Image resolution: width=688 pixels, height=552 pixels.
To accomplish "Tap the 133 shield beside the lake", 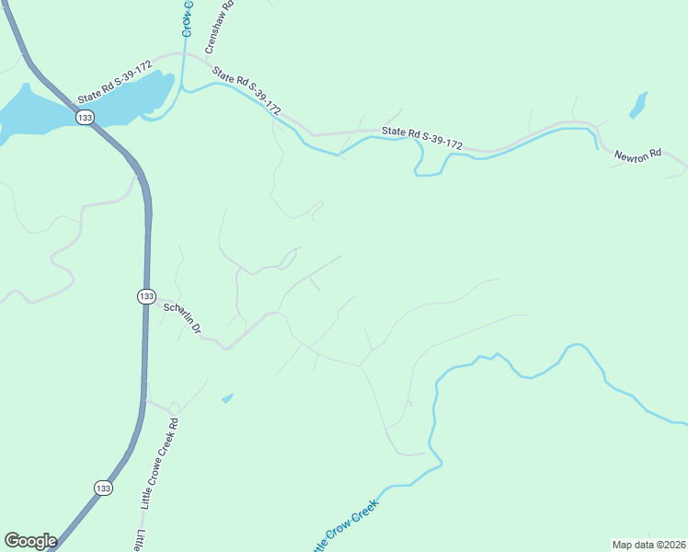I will tap(85, 118).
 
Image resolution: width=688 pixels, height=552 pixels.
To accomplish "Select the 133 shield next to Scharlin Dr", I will tap(146, 295).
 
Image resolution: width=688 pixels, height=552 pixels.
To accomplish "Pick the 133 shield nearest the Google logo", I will tap(102, 488).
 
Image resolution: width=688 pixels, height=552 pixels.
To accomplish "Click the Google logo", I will tap(29, 541).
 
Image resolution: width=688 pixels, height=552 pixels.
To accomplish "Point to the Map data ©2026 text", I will tap(649, 545).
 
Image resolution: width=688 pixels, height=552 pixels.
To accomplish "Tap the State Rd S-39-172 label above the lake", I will tap(114, 83).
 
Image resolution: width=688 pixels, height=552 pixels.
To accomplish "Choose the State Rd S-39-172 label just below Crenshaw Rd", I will tap(247, 91).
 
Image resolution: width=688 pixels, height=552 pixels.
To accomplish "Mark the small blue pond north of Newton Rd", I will tap(638, 106).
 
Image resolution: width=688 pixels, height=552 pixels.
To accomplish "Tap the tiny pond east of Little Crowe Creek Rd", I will tap(227, 398).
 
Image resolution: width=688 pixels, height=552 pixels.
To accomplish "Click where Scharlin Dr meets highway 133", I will tap(150, 300).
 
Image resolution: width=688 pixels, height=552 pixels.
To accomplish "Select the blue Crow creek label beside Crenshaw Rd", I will tap(187, 18).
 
